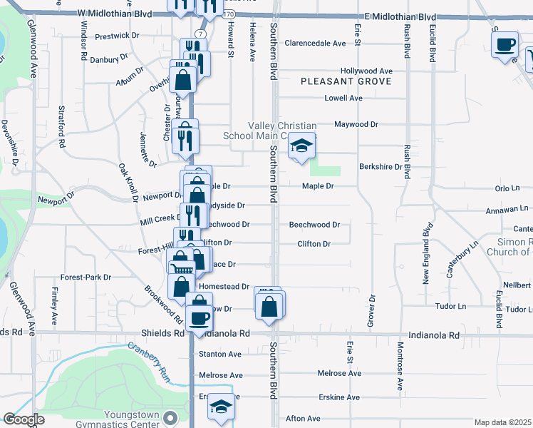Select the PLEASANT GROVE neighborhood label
pyautogui.click(x=346, y=82)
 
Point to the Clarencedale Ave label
pyautogui.click(x=315, y=44)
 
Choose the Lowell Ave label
pyautogui.click(x=343, y=98)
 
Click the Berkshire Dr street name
pyautogui.click(x=381, y=167)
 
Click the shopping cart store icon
pyautogui.click(x=182, y=268)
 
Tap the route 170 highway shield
pyautogui.click(x=227, y=14)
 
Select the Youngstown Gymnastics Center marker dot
pyautogui.click(x=169, y=417)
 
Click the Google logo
pyautogui.click(x=24, y=419)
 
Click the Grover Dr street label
pyautogui.click(x=371, y=311)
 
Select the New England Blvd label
pyautogui.click(x=426, y=253)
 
